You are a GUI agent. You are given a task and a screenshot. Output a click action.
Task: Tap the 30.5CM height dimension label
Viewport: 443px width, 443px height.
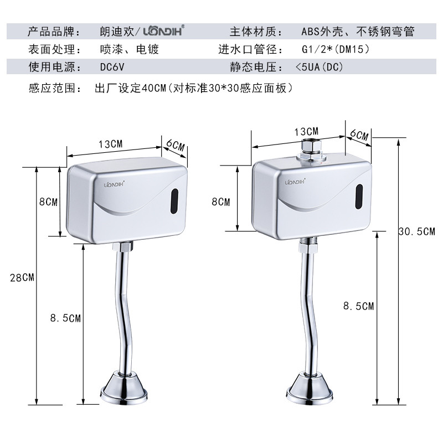click(x=417, y=231)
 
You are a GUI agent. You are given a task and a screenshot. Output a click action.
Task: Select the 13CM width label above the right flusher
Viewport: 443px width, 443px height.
click(x=307, y=131)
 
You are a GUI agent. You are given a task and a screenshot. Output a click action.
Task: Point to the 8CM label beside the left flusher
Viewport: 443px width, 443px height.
click(x=48, y=202)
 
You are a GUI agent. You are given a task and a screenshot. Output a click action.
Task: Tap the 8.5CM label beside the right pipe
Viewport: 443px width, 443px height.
click(x=358, y=306)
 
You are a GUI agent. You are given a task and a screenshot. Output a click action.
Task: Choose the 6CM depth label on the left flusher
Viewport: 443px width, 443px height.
click(x=175, y=145)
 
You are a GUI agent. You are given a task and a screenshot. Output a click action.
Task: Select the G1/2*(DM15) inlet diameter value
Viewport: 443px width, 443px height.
click(x=334, y=49)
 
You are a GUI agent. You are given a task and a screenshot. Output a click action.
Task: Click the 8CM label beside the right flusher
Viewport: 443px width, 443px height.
click(x=220, y=202)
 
